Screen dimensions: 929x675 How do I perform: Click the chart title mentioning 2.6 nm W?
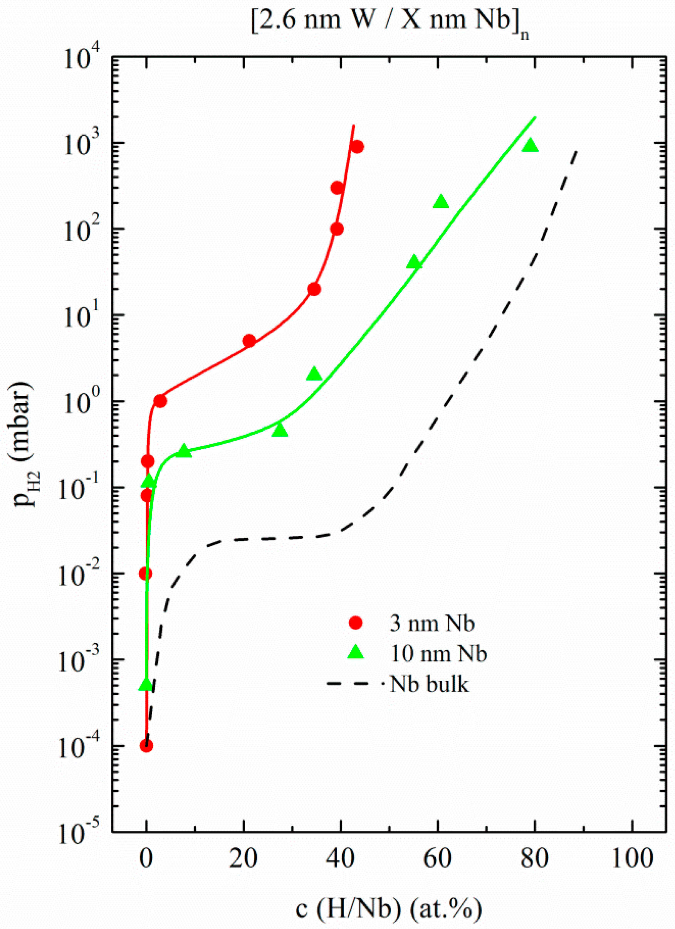pyautogui.click(x=389, y=21)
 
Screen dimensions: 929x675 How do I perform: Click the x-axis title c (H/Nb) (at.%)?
pyautogui.click(x=389, y=909)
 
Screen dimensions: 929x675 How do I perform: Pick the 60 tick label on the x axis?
pyautogui.click(x=438, y=859)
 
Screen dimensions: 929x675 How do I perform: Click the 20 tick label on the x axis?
pyautogui.click(x=243, y=859)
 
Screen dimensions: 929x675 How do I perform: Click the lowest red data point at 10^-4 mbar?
pyautogui.click(x=146, y=746)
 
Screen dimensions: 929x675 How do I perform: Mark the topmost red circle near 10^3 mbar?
pyautogui.click(x=358, y=146)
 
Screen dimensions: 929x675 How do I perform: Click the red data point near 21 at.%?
pyautogui.click(x=249, y=340)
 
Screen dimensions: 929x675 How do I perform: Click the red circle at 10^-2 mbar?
pyautogui.click(x=145, y=574)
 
